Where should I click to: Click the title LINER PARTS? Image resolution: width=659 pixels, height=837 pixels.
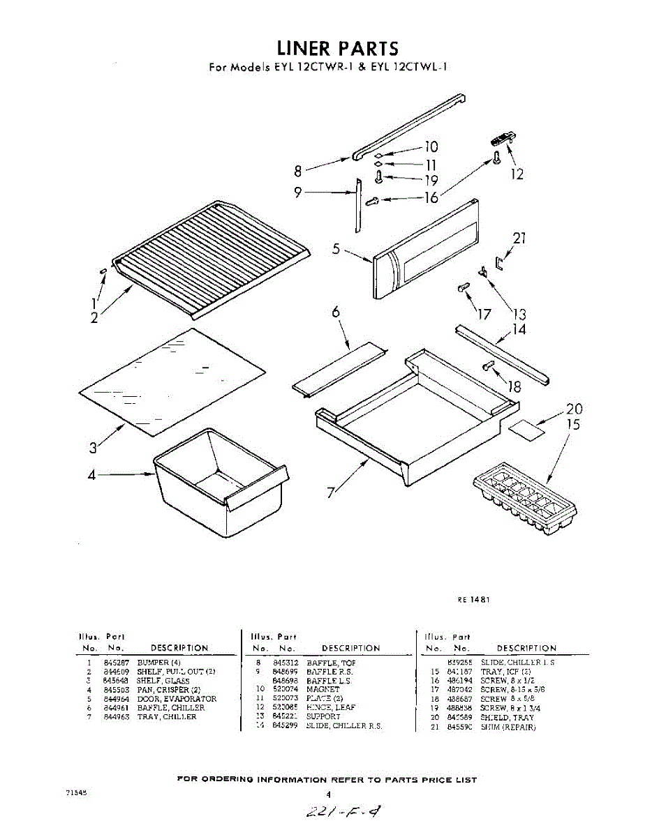[x=338, y=48]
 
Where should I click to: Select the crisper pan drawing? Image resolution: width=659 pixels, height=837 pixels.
[x=220, y=483]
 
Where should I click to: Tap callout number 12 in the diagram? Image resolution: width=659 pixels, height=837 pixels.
[x=517, y=174]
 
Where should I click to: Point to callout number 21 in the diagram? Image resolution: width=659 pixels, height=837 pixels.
[x=519, y=239]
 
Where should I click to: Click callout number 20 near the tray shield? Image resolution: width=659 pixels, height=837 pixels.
[x=574, y=409]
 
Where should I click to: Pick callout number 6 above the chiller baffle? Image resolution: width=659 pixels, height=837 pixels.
[x=336, y=313]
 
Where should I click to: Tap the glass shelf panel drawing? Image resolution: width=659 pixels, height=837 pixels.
[x=172, y=382]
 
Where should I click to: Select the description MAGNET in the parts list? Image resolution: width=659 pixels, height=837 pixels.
[x=323, y=689]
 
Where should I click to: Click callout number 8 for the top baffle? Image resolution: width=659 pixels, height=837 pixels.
[x=298, y=170]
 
